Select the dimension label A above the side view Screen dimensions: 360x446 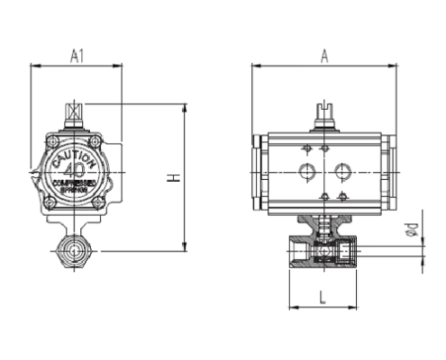[x=323, y=56]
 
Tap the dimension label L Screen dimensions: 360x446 [x=322, y=296]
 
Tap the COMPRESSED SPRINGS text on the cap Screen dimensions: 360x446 [x=76, y=185]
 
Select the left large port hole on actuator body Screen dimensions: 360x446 [x=305, y=170]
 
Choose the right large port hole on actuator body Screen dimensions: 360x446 [x=341, y=170]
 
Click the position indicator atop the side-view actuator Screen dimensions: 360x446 [x=323, y=115]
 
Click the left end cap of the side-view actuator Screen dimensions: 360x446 [x=259, y=172]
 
